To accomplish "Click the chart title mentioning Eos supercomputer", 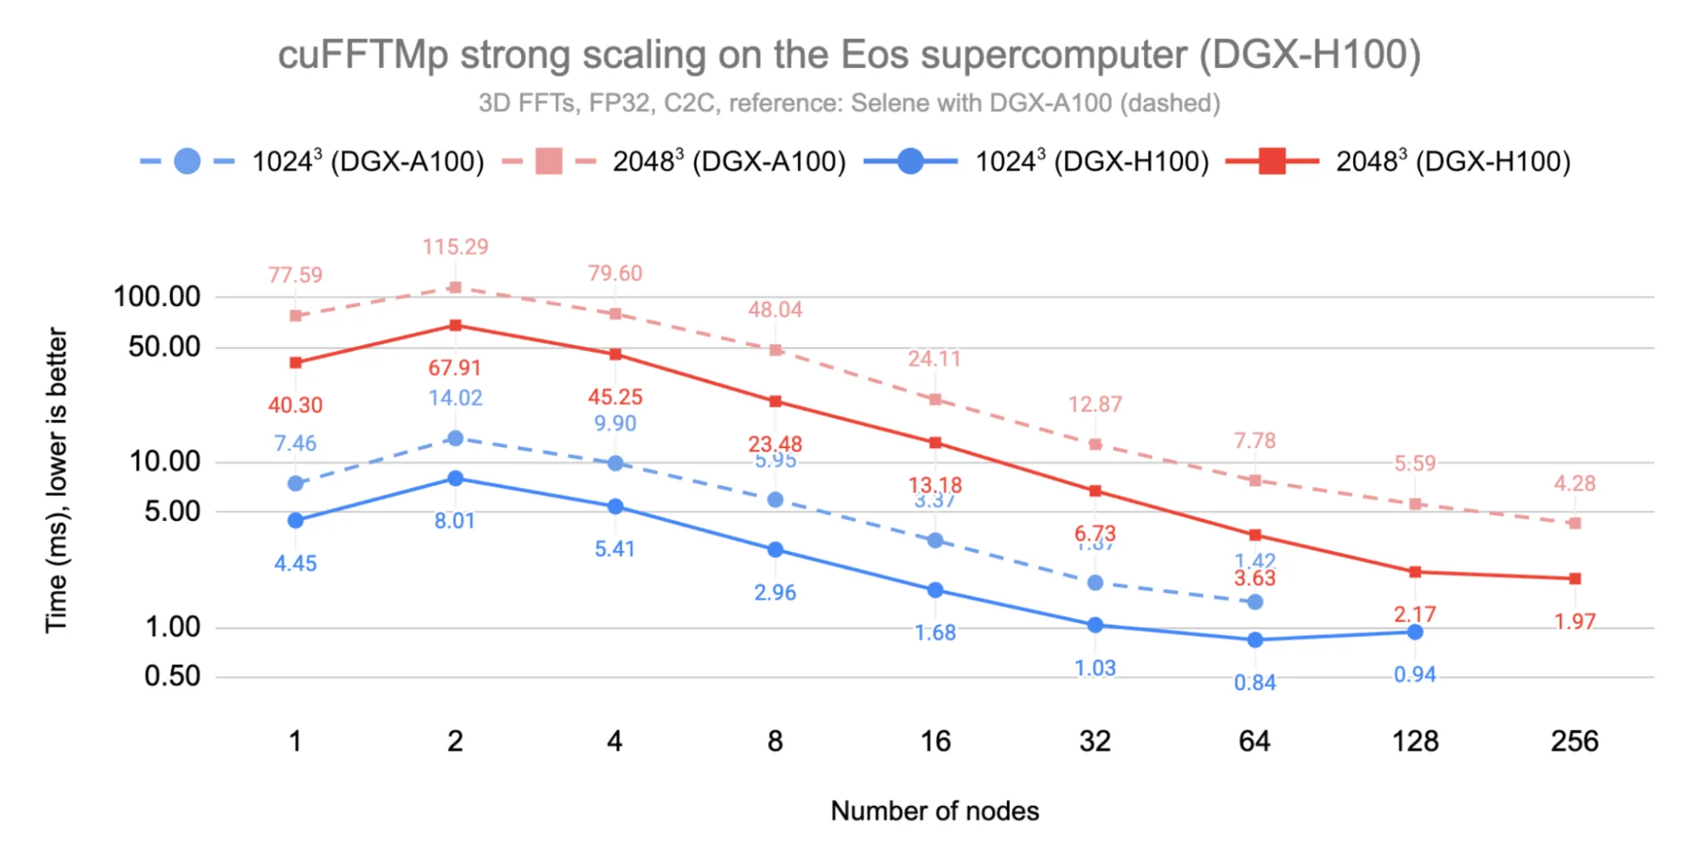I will point(849,55).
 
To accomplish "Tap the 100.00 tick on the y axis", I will point(156,297).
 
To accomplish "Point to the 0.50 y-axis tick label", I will point(172,676).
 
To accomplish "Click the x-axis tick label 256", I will point(1574,741).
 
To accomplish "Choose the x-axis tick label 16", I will point(935,741).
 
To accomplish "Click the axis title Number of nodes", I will point(934,811).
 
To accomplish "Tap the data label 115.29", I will point(456,247).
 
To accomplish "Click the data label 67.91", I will point(455,368).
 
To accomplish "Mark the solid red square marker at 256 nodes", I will point(1574,578).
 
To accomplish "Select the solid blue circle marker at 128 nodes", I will point(1414,632).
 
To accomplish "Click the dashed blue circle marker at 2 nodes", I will point(455,438).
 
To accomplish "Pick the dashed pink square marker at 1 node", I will point(295,315).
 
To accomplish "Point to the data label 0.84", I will point(1254,683).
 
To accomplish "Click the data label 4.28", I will point(1574,484).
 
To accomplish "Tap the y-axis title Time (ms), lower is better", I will point(56,480).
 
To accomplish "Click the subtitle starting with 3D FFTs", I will point(849,103).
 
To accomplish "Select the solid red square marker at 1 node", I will point(295,363).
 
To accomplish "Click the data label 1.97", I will point(1574,621).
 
